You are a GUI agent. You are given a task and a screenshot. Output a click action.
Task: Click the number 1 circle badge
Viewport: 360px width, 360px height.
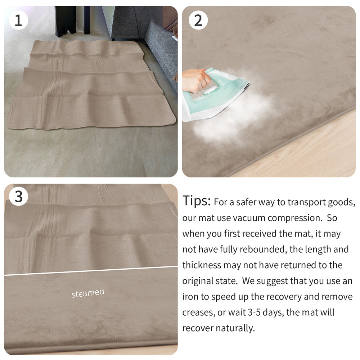pyautogui.click(x=18, y=20)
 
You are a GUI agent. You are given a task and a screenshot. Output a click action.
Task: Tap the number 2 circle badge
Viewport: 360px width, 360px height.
pyautogui.click(x=198, y=20)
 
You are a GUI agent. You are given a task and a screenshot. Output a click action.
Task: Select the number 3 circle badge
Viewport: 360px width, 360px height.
pyautogui.click(x=18, y=197)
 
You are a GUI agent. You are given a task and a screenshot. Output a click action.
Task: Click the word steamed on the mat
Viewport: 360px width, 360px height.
pyautogui.click(x=88, y=293)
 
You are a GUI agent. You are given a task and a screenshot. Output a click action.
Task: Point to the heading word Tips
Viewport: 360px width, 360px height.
pyautogui.click(x=196, y=201)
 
